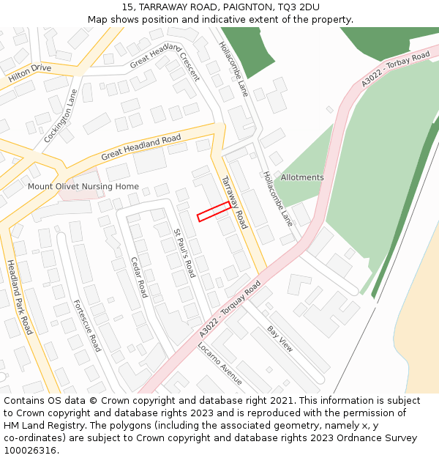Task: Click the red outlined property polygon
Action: [x=214, y=211]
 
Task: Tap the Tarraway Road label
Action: [x=235, y=202]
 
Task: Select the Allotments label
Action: [x=302, y=177]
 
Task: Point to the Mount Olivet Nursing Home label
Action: [x=83, y=186]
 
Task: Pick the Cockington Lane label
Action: [x=61, y=116]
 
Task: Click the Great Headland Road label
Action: [x=141, y=147]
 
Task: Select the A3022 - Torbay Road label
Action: [x=395, y=69]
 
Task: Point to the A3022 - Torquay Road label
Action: [x=230, y=309]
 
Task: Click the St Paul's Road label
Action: [x=184, y=253]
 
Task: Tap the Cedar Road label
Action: [x=139, y=277]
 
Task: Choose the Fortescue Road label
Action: [x=86, y=325]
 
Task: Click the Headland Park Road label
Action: [x=20, y=297]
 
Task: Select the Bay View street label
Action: [x=279, y=339]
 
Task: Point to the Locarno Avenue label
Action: [x=219, y=363]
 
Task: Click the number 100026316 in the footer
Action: [x=29, y=450]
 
